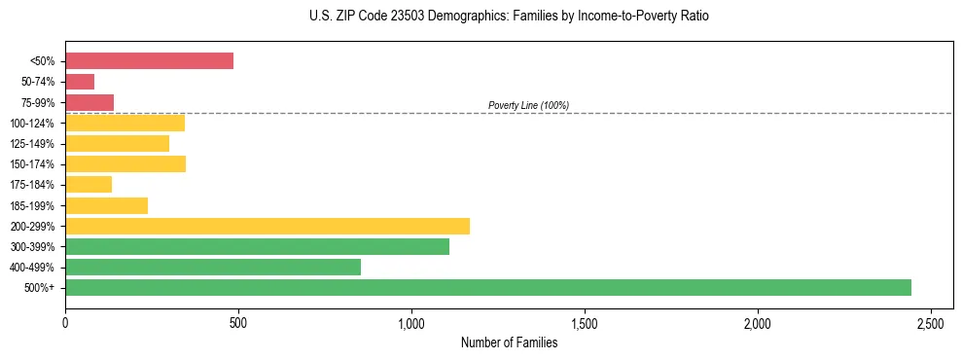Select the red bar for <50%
tap(149, 60)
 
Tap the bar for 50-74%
tap(80, 82)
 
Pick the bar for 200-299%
tap(267, 226)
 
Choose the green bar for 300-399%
tap(257, 246)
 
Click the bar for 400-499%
tap(213, 267)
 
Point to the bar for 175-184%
tap(89, 184)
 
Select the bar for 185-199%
tap(106, 205)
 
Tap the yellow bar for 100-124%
tap(125, 123)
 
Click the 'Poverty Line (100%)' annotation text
tap(528, 105)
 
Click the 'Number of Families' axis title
tap(509, 342)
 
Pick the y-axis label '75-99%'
tap(39, 102)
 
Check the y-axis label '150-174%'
tap(33, 164)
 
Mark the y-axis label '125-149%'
tap(33, 144)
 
